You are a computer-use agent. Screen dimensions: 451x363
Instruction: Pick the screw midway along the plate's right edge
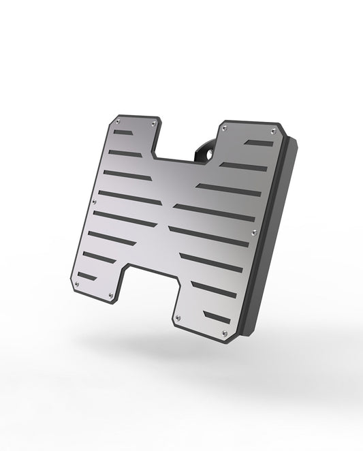[x=254, y=233]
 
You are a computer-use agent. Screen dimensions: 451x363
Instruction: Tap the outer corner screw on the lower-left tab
[x=78, y=283]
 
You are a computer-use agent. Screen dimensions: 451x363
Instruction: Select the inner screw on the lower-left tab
[x=112, y=296]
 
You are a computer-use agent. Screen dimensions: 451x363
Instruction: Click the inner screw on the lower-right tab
[x=180, y=317]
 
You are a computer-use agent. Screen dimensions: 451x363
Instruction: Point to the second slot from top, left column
[x=125, y=154]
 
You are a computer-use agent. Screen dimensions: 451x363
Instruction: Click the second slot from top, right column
[x=244, y=167]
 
